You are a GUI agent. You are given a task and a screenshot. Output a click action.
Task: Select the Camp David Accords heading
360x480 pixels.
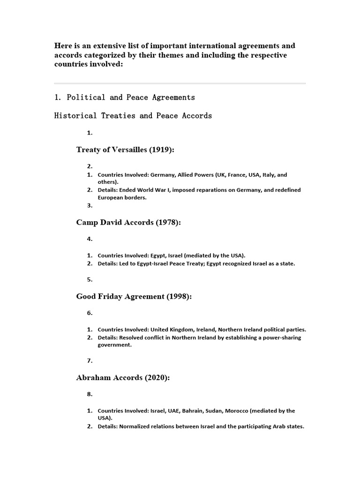click(x=128, y=222)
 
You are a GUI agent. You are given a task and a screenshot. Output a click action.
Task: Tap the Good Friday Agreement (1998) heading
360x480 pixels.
click(x=134, y=296)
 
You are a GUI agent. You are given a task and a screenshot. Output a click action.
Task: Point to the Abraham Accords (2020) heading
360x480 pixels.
click(x=123, y=377)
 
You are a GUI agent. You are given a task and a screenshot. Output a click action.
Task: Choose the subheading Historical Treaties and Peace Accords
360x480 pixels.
click(x=133, y=115)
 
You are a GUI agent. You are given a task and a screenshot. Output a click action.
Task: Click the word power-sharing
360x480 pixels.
click(x=283, y=337)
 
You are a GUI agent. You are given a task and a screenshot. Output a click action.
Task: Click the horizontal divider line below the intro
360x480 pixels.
click(x=180, y=83)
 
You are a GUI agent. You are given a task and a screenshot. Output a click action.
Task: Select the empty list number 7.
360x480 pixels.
click(x=90, y=360)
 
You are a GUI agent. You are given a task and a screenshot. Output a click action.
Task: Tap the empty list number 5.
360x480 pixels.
click(x=90, y=279)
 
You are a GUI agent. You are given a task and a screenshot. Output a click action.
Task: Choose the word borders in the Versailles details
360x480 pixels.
click(x=135, y=197)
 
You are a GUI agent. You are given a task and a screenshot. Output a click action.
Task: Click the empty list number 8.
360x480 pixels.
click(x=90, y=394)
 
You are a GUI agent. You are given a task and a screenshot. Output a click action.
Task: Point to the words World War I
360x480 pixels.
click(x=153, y=190)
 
